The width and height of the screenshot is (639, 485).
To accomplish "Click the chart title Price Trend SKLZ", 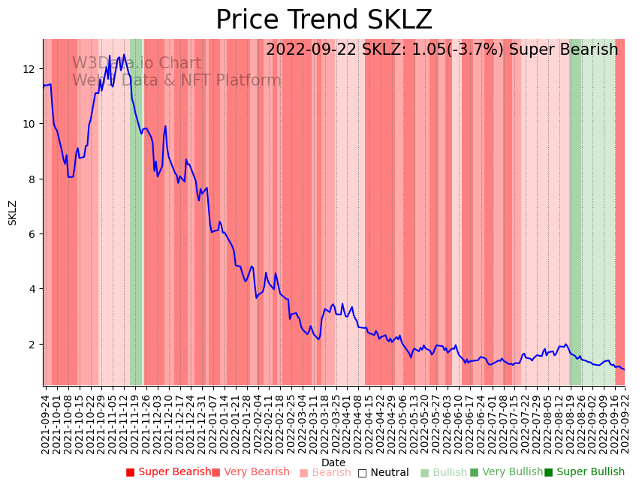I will point(324,20).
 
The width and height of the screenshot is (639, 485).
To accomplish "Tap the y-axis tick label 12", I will point(29,69).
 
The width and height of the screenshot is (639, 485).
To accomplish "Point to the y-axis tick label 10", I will point(29,124).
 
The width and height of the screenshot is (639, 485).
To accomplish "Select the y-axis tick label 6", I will point(32,234).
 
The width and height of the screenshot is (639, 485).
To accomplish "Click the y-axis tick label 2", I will point(32,344).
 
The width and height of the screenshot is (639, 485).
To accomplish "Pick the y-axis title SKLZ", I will point(12,212).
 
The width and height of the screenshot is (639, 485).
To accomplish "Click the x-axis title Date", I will point(333,462).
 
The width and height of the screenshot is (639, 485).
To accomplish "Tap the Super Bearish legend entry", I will point(168,472).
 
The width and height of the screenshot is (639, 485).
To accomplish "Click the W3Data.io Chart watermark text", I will point(137,64).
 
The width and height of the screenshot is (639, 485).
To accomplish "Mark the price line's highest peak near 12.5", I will point(124,55).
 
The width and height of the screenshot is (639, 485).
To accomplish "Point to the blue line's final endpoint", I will point(624,369).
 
